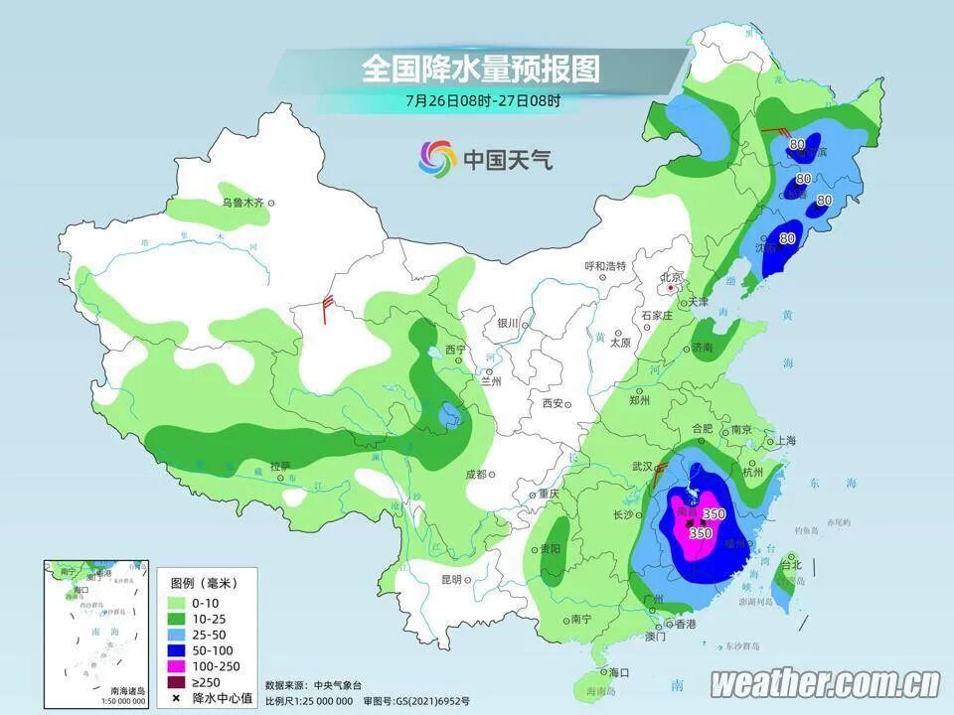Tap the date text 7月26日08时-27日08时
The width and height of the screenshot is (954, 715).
point(483,100)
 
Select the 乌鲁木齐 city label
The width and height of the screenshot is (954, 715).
point(242,203)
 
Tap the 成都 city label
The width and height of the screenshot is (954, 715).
point(475,474)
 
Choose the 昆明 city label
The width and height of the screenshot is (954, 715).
point(453,580)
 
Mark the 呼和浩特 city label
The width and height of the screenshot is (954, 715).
point(604,266)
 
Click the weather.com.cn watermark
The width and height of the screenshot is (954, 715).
point(825,683)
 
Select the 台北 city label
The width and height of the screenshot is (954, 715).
point(790,565)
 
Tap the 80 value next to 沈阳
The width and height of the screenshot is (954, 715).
point(787,238)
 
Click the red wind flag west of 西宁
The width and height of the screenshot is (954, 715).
point(326,309)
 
